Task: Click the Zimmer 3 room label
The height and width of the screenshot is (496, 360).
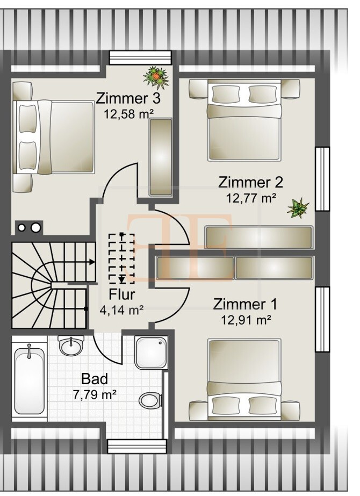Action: pyautogui.click(x=128, y=98)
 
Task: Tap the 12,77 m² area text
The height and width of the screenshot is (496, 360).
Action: pyautogui.click(x=251, y=197)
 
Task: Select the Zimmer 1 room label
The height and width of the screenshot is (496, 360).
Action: pyautogui.click(x=245, y=304)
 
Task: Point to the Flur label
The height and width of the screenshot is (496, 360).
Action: pyautogui.click(x=121, y=294)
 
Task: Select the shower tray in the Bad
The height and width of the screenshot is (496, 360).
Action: pyautogui.click(x=152, y=352)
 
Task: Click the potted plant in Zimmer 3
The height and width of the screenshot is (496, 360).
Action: pyautogui.click(x=156, y=77)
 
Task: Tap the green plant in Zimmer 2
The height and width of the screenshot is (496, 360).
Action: pyautogui.click(x=298, y=207)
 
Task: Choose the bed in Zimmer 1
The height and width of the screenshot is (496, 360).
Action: pyautogui.click(x=244, y=379)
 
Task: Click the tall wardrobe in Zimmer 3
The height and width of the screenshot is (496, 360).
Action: pyautogui.click(x=161, y=157)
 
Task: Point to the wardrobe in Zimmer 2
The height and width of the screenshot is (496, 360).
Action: pyautogui.click(x=258, y=237)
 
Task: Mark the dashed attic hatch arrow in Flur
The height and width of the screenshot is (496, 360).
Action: pyautogui.click(x=122, y=258)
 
